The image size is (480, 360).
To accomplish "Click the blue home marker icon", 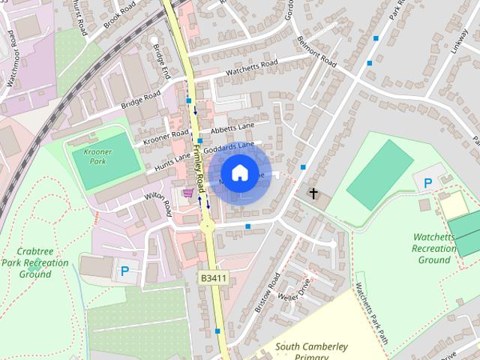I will click(238, 173).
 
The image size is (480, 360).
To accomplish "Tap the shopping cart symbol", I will click(187, 193).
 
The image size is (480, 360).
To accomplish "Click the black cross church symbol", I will click(313, 193).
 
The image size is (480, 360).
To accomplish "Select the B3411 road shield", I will click(213, 278).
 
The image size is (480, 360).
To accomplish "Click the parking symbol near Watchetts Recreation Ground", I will click(428, 182).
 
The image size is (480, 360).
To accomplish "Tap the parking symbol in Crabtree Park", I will click(124, 272).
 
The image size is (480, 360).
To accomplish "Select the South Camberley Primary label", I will click(313, 352).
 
